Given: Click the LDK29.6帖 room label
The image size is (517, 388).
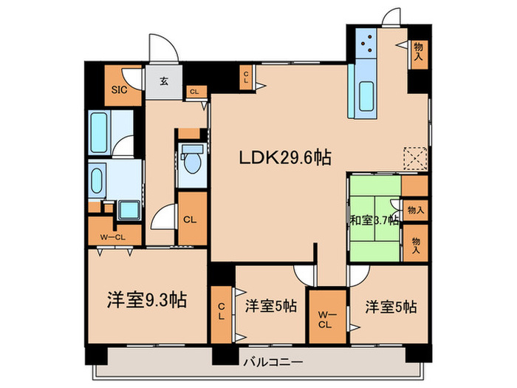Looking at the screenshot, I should pos(284,157).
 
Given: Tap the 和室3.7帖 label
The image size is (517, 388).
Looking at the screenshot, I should pos(374,219).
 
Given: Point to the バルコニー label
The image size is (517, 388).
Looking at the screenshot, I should pos(269,362).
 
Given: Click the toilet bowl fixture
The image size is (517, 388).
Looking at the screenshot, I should pos(192,157).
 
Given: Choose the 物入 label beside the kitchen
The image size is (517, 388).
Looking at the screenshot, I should pos(419,51).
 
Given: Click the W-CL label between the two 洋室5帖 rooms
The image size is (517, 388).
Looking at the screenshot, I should pos(325,319).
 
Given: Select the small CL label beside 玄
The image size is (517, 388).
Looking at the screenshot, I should pos(194,92).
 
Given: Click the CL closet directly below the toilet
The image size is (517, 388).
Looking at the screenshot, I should pos(190,219).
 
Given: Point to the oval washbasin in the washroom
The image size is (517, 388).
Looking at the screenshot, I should pos(97,178).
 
